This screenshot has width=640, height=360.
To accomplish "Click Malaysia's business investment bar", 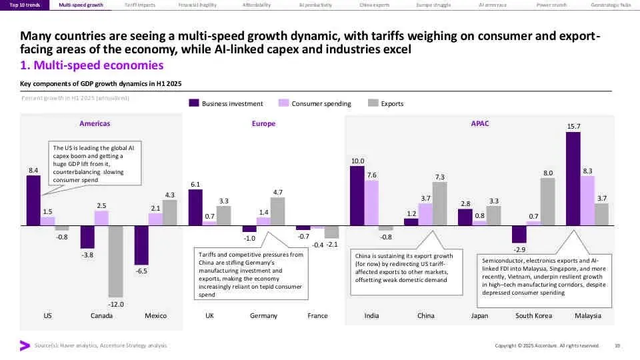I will pyautogui.click(x=573, y=179).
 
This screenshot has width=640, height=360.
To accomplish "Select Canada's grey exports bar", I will pyautogui.click(x=115, y=261).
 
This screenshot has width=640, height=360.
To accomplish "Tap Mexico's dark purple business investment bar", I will pyautogui.click(x=141, y=245).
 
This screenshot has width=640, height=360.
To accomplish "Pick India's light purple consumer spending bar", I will pyautogui.click(x=371, y=203).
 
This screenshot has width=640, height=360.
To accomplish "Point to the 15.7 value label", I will pyautogui.click(x=573, y=126).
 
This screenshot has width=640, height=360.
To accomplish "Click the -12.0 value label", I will pyautogui.click(x=115, y=304).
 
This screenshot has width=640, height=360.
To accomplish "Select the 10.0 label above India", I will pyautogui.click(x=357, y=161).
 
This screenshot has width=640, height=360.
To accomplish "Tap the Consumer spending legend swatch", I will pyautogui.click(x=283, y=103).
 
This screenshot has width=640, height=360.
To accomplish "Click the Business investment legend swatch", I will pyautogui.click(x=195, y=103).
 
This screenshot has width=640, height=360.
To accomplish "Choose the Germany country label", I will pyautogui.click(x=263, y=315).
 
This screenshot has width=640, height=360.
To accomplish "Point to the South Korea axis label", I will pyautogui.click(x=533, y=315).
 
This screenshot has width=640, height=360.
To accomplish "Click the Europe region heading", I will pyautogui.click(x=263, y=123).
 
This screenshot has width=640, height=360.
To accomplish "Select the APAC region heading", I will pyautogui.click(x=479, y=123).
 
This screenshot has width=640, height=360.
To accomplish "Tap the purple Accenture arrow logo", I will pyautogui.click(x=25, y=345).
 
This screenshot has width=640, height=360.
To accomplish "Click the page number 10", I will pyautogui.click(x=617, y=345).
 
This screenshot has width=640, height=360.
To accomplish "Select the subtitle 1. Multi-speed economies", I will pyautogui.click(x=92, y=65).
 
